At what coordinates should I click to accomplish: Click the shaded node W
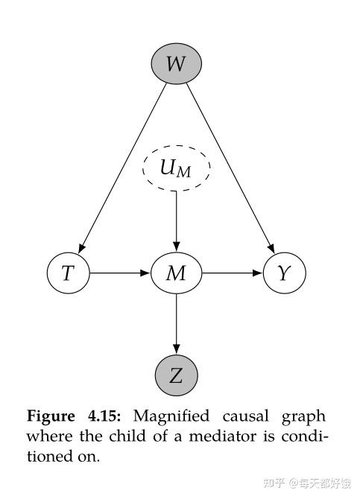point(176,64)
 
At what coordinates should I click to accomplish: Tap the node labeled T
point(68,273)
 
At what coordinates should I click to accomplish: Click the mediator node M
point(176,273)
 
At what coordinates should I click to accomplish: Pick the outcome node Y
point(284,273)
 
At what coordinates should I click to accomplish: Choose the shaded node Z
point(176,376)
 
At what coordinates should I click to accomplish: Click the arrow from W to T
point(123,168)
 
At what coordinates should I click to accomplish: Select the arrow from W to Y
point(229,168)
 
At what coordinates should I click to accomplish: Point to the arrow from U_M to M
point(176,220)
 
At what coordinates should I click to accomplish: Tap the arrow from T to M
point(120,273)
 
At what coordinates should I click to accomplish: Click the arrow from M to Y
point(232,273)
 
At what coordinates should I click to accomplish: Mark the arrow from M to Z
point(176,323)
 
